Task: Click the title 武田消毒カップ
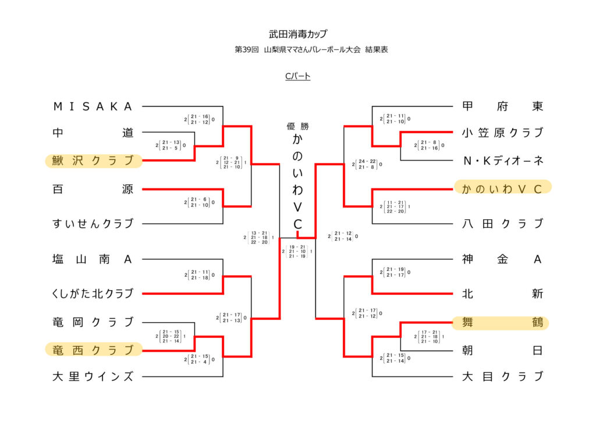pos(297,34)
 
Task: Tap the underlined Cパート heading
pos(297,76)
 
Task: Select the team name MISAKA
pos(93,106)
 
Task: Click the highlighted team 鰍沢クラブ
pos(93,160)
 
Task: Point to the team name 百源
pos(93,189)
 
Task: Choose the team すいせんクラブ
pos(93,224)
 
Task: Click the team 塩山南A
pos(93,259)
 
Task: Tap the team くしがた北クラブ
pos(93,294)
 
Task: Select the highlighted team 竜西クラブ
pos(93,350)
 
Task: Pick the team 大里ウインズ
pos(93,376)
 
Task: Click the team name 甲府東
pos(502,106)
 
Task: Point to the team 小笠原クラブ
pos(502,133)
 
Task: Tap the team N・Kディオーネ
pos(502,160)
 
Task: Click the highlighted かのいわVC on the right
pos(502,188)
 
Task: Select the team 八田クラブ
pos(502,224)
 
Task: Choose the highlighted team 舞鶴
pos(502,322)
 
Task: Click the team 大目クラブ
pos(502,376)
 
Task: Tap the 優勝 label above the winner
pos(297,126)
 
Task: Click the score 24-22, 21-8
pos(367,165)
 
